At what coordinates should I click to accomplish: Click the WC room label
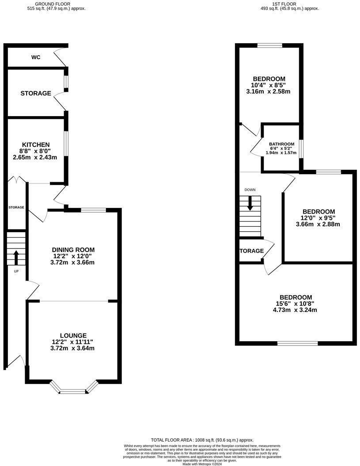point(36,57)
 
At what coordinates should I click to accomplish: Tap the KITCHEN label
point(36,145)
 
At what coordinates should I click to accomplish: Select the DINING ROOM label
point(73,250)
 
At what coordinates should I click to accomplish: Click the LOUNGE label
point(73,335)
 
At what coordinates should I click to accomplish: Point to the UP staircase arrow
point(16,257)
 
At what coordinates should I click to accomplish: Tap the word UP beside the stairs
point(16,271)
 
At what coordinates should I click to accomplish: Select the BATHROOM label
point(281,144)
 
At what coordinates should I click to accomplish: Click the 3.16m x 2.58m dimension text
point(268,92)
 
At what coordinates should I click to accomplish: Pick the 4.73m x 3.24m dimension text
point(296,310)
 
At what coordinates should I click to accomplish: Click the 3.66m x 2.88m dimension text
point(318,224)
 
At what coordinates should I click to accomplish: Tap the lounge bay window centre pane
point(73,391)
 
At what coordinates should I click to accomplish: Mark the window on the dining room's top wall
point(93,210)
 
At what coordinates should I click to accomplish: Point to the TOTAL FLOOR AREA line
point(202,440)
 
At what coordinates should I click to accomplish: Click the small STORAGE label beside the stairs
point(16,207)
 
